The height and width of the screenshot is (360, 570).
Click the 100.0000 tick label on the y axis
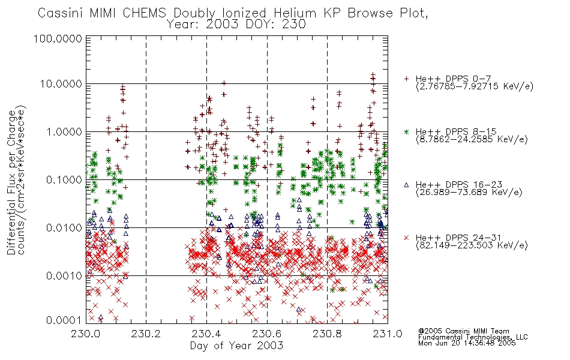click(58, 38)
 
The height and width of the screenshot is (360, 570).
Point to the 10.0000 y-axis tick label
click(61, 84)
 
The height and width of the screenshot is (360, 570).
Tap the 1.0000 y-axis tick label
click(64, 132)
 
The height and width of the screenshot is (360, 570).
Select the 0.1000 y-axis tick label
click(64, 180)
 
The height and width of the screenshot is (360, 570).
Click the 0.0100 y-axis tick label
click(64, 228)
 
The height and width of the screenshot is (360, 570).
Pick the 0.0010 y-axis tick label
click(64, 276)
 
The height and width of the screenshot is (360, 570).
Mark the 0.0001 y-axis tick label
click(64, 320)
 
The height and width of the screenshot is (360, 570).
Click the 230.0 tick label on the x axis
click(86, 334)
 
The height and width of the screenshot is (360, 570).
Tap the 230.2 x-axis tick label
click(146, 334)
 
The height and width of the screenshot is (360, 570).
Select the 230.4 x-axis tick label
click(206, 334)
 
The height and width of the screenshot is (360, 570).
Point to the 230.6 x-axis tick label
click(267, 334)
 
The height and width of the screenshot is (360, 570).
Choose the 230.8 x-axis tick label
click(327, 334)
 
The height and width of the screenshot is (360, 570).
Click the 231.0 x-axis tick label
click(388, 334)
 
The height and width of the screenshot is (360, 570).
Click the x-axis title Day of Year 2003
click(236, 346)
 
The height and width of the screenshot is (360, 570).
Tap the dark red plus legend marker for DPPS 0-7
click(406, 79)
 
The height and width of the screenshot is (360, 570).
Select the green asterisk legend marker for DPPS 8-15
click(406, 131)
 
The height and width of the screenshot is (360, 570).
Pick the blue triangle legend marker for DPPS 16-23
click(406, 185)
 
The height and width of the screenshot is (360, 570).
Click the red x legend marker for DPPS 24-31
click(406, 238)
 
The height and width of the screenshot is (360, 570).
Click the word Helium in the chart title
click(295, 13)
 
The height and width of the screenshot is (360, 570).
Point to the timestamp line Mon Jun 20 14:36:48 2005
click(467, 343)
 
